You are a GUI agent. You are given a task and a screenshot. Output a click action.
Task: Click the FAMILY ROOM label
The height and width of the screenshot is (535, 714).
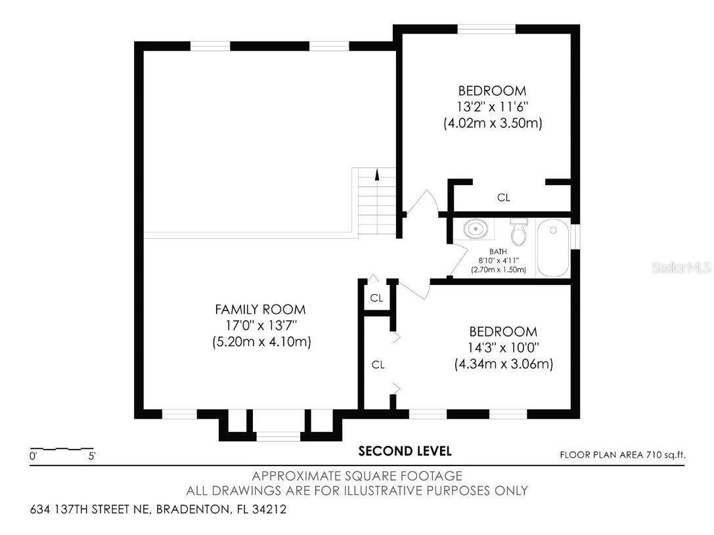click(260, 309)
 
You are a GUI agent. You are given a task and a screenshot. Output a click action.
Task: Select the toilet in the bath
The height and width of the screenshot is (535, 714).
click(520, 231)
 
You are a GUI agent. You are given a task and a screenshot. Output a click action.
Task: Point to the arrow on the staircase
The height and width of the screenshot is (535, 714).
click(377, 175)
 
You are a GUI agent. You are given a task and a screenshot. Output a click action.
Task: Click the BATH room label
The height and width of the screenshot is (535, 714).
click(498, 251)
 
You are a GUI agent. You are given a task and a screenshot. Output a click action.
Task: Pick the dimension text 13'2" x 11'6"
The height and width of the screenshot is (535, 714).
click(492, 107)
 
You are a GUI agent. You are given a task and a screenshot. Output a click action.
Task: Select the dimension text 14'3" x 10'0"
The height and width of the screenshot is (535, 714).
click(503, 348)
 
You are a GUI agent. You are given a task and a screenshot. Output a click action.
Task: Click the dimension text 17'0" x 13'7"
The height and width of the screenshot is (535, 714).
click(260, 326)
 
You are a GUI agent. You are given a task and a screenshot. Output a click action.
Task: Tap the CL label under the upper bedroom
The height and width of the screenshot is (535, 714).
click(504, 197)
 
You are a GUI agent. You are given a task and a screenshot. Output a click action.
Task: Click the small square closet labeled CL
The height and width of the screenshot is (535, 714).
click(376, 298)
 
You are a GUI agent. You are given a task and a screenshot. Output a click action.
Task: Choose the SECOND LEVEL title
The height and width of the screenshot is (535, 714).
click(405, 451)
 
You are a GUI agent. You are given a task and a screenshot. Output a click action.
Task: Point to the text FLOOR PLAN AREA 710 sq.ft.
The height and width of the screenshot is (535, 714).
click(626, 454)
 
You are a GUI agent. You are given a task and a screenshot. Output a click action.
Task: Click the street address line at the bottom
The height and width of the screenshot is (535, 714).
click(158, 509)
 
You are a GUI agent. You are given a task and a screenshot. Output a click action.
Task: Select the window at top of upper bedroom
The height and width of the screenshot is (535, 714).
click(486, 29)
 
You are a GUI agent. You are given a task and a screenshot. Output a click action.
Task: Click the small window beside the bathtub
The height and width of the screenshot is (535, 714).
click(575, 237)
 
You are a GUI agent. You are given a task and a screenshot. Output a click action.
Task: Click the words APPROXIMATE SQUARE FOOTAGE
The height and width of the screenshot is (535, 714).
click(357, 476)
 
